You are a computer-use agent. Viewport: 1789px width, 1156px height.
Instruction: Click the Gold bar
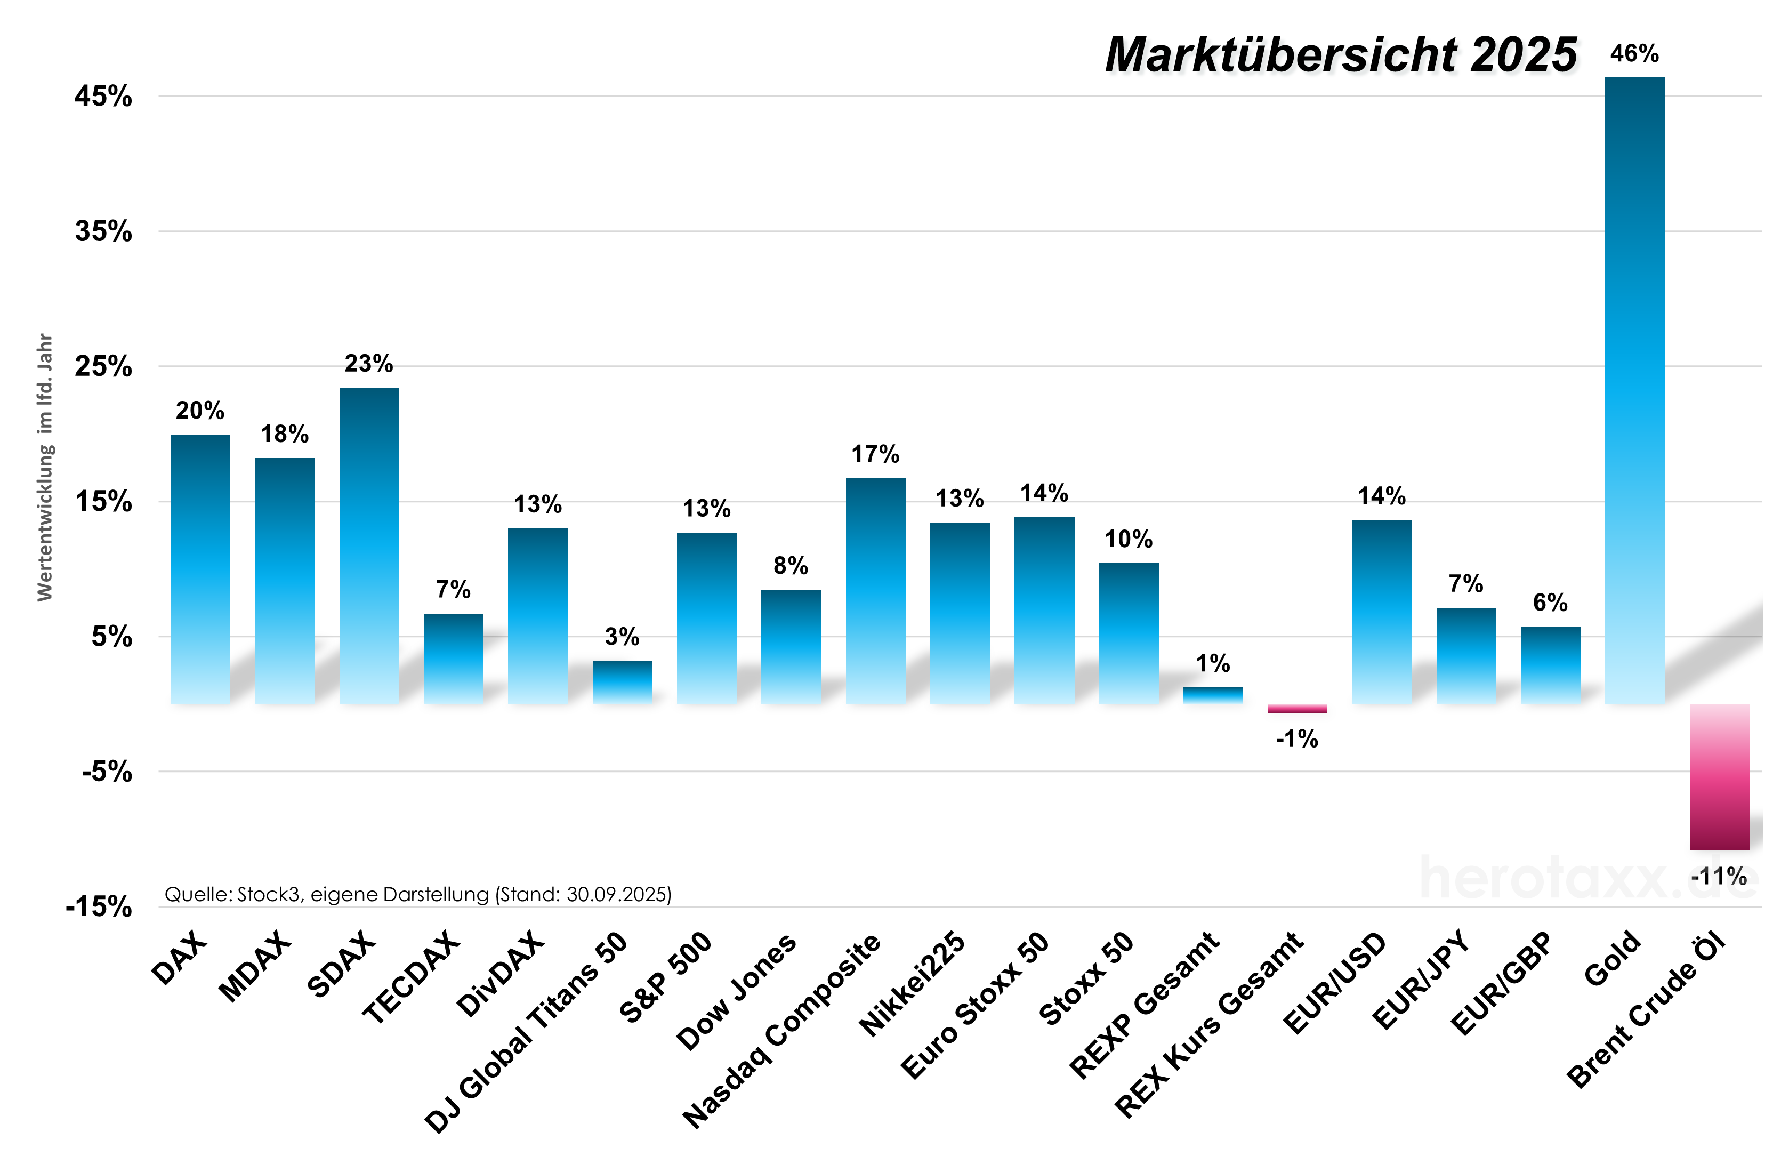1634,390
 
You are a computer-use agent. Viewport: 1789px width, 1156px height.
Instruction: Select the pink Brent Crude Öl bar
1719,777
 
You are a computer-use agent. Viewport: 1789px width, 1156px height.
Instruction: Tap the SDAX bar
369,545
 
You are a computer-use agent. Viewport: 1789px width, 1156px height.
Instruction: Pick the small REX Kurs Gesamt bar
1297,708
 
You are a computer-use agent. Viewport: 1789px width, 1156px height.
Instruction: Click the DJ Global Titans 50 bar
622,681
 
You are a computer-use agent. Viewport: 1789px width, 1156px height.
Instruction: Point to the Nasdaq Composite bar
875,591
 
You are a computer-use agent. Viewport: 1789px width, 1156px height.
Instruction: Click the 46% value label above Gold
1634,54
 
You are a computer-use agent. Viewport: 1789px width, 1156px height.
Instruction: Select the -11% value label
1719,876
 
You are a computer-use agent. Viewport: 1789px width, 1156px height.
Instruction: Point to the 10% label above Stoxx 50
1128,539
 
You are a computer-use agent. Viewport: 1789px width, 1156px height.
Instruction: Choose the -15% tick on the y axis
99,907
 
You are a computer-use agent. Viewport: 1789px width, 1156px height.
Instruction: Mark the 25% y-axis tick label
103,366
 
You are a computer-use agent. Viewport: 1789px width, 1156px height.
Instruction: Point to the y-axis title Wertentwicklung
45,467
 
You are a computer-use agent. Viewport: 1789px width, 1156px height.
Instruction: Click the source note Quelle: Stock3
418,894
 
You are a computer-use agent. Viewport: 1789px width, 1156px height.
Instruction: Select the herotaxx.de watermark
1587,878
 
